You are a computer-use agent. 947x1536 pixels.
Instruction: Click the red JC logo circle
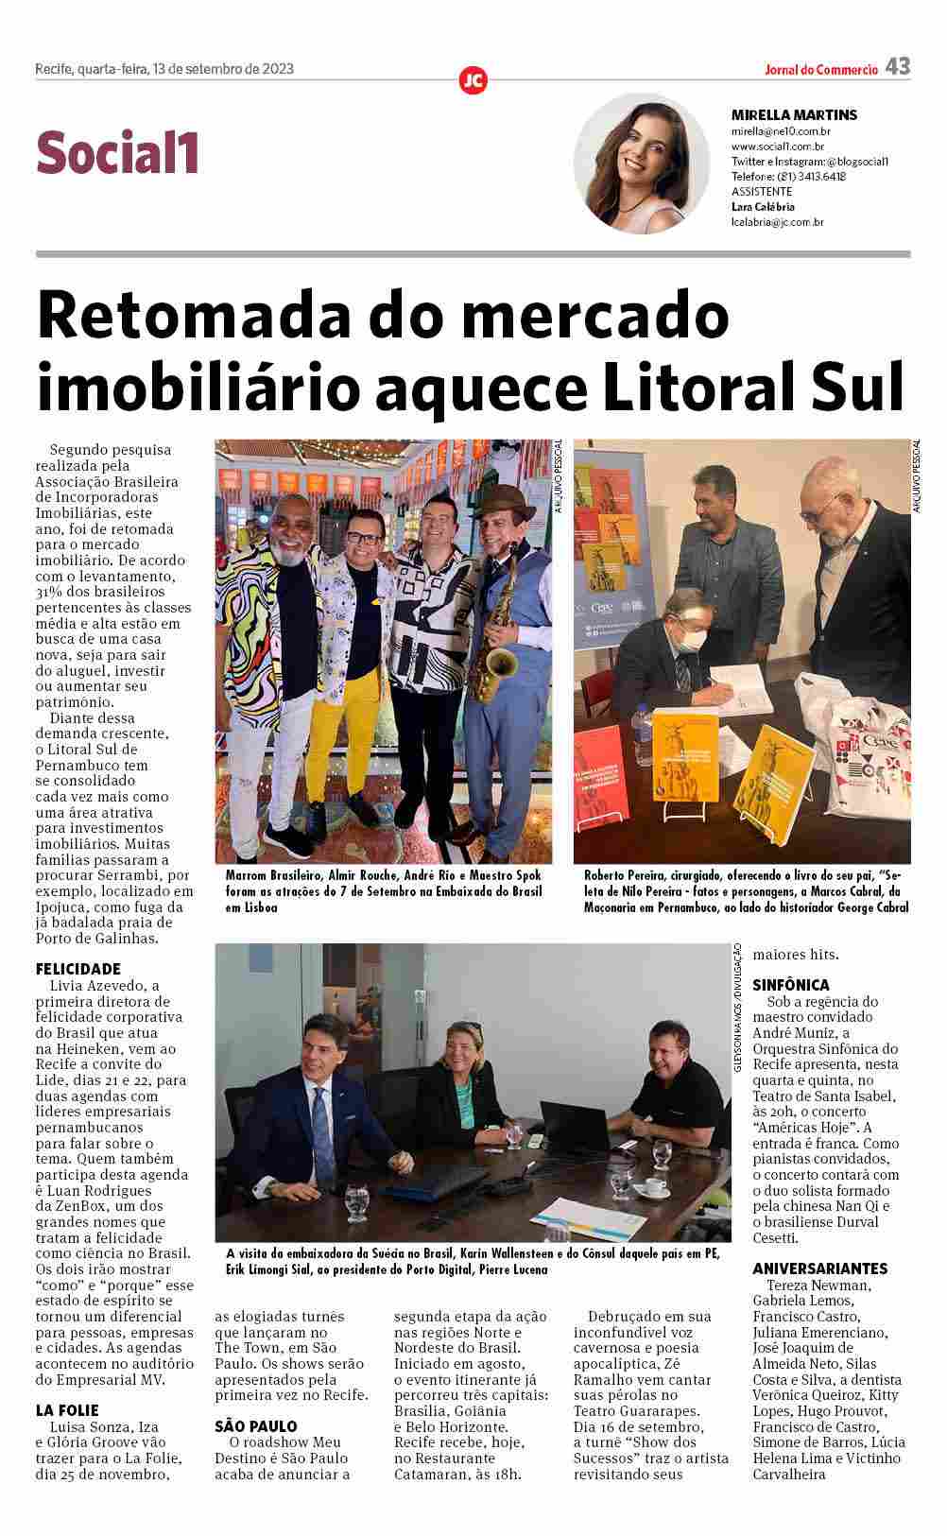point(473,80)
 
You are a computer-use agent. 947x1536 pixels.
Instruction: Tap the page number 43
point(898,66)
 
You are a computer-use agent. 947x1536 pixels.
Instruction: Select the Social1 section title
point(118,153)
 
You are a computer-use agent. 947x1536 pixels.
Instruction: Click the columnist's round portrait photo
point(642,163)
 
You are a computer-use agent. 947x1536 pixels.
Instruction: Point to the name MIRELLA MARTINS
point(794,115)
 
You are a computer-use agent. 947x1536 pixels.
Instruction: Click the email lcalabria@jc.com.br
point(778,222)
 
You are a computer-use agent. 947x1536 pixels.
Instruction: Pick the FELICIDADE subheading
point(78,969)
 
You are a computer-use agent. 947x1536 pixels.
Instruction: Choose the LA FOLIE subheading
point(67,1410)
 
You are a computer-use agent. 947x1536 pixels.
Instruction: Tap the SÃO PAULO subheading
point(256,1426)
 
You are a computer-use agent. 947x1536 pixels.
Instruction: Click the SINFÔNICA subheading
point(791,985)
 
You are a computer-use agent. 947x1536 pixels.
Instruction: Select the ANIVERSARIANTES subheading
point(820,1268)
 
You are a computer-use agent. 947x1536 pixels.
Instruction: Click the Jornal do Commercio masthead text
point(821,69)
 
